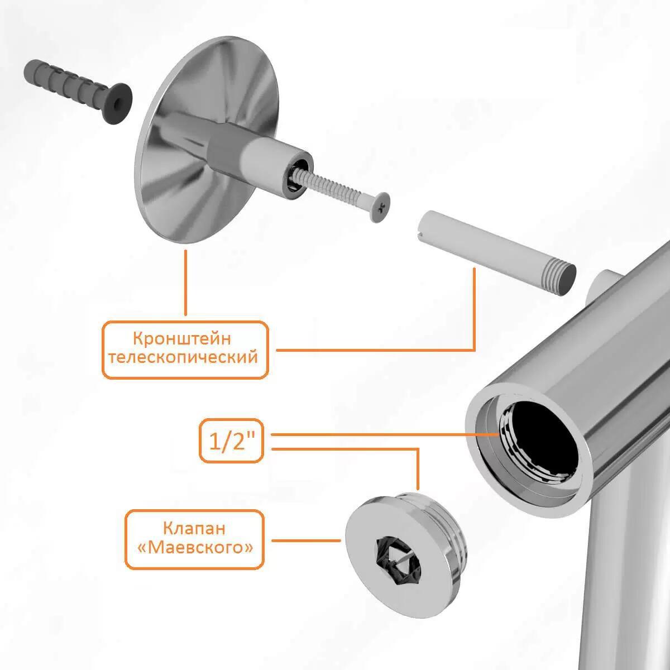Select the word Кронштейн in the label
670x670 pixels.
coord(182,339)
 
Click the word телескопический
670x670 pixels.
coord(184,358)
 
